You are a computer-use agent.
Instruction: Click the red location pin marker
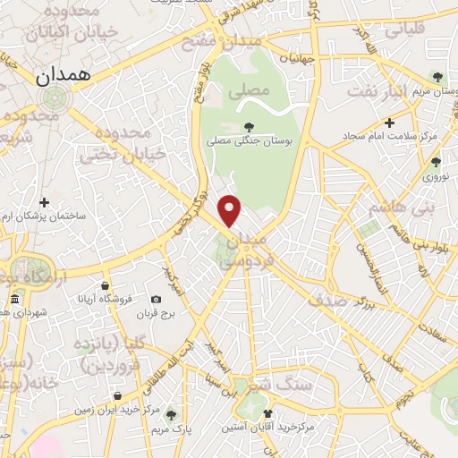click(x=231, y=210)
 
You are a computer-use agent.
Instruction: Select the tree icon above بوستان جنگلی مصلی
click(x=250, y=128)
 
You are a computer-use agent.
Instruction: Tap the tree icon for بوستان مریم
click(x=437, y=78)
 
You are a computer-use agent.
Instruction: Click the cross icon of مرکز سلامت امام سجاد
click(x=388, y=123)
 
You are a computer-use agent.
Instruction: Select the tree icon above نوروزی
click(x=436, y=162)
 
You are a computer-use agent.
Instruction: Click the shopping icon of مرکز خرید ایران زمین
click(x=117, y=396)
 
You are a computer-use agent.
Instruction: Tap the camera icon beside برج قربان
click(x=157, y=299)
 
